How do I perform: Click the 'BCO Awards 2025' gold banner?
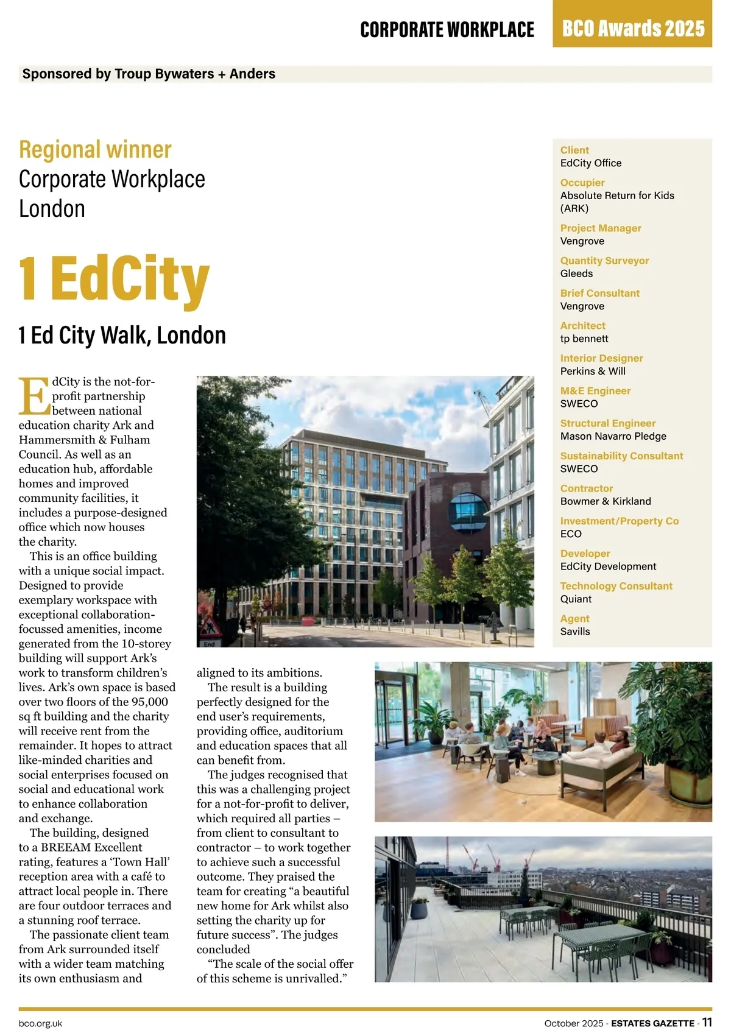click(632, 28)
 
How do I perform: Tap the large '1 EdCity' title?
click(114, 279)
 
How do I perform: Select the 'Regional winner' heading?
click(95, 149)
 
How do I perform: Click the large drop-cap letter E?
click(34, 397)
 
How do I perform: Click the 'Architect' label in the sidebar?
click(582, 326)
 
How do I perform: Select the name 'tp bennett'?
click(584, 339)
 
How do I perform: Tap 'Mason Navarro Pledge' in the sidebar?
click(613, 436)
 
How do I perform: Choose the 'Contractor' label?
click(587, 488)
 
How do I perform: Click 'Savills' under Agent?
click(575, 632)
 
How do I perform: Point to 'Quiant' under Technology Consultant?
click(576, 599)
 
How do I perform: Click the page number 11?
click(707, 1023)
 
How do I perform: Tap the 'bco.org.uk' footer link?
click(40, 1024)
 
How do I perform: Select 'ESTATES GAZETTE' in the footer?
click(652, 1023)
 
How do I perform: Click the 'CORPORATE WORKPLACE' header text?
click(447, 29)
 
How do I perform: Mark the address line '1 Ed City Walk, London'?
click(122, 335)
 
